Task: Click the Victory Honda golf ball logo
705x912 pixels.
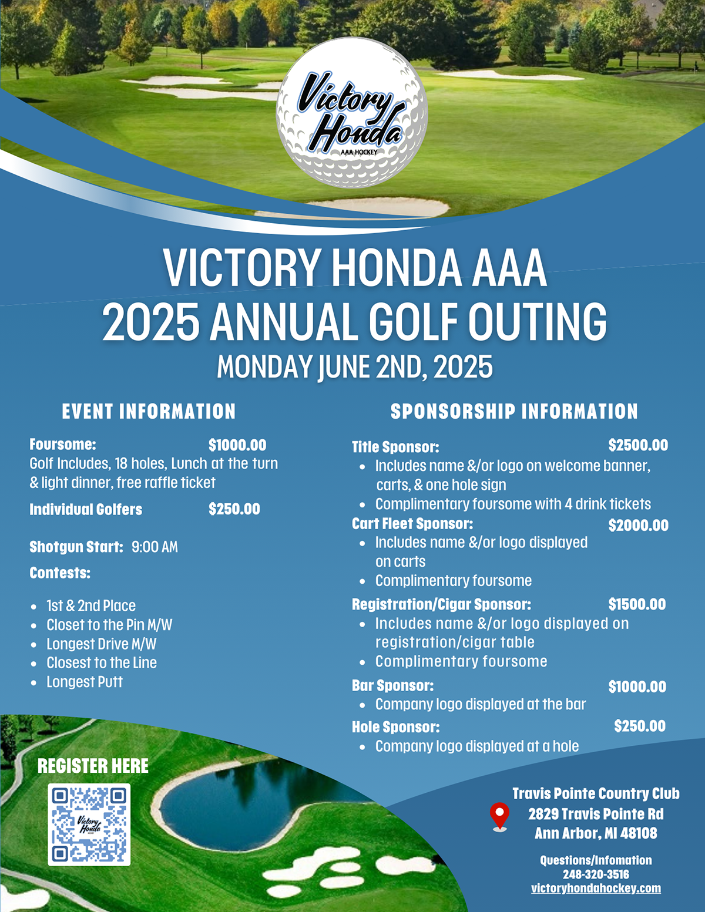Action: (351, 114)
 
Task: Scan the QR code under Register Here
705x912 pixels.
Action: (89, 824)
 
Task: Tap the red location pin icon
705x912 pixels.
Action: (499, 815)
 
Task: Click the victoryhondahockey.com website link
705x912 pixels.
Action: (596, 889)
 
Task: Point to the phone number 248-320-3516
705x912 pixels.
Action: (596, 874)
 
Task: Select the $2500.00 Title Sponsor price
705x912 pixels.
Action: (638, 446)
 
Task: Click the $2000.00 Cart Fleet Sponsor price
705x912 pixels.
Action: (638, 526)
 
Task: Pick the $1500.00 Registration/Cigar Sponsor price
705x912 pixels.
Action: (637, 605)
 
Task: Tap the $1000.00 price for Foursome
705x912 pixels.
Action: (237, 446)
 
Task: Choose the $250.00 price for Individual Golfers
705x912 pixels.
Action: (234, 509)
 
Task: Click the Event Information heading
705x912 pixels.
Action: (149, 412)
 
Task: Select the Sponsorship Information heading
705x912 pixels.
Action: (514, 412)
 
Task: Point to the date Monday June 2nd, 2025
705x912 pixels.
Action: (355, 368)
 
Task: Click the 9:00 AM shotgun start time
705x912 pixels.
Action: (155, 547)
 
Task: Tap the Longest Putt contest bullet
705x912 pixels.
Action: (85, 682)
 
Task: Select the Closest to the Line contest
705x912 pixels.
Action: (102, 663)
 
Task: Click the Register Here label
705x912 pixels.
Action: (93, 766)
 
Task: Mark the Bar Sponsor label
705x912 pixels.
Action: (392, 686)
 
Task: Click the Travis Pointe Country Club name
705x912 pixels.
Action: (596, 794)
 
